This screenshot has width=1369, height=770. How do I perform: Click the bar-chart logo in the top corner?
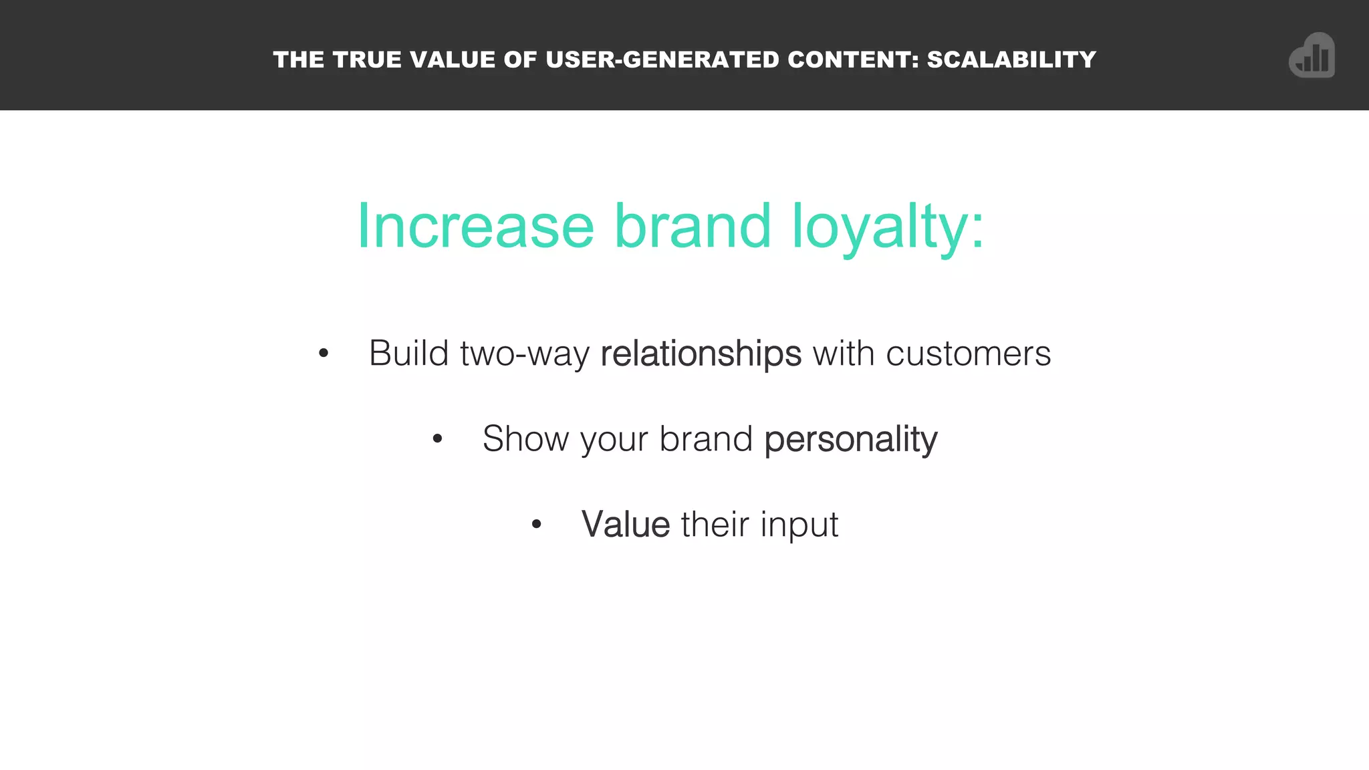(x=1312, y=55)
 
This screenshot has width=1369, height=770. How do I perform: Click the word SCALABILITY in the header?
(x=1011, y=59)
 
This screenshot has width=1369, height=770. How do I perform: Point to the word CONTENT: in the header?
(x=854, y=59)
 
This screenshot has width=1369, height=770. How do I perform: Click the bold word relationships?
(x=701, y=353)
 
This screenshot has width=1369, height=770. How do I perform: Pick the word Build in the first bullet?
(x=408, y=353)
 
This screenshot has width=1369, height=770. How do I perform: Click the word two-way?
(x=525, y=353)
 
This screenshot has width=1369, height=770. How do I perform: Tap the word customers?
(x=968, y=353)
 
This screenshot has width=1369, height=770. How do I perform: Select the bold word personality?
(x=850, y=439)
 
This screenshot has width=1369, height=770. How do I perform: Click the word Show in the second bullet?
(x=525, y=439)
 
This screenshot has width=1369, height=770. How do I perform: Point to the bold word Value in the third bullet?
(x=626, y=524)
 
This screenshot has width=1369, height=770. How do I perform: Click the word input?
(x=799, y=524)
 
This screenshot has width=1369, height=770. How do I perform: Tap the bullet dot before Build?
(x=324, y=353)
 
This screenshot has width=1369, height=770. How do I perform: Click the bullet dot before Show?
(x=437, y=439)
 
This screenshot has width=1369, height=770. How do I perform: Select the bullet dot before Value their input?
(x=536, y=525)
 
